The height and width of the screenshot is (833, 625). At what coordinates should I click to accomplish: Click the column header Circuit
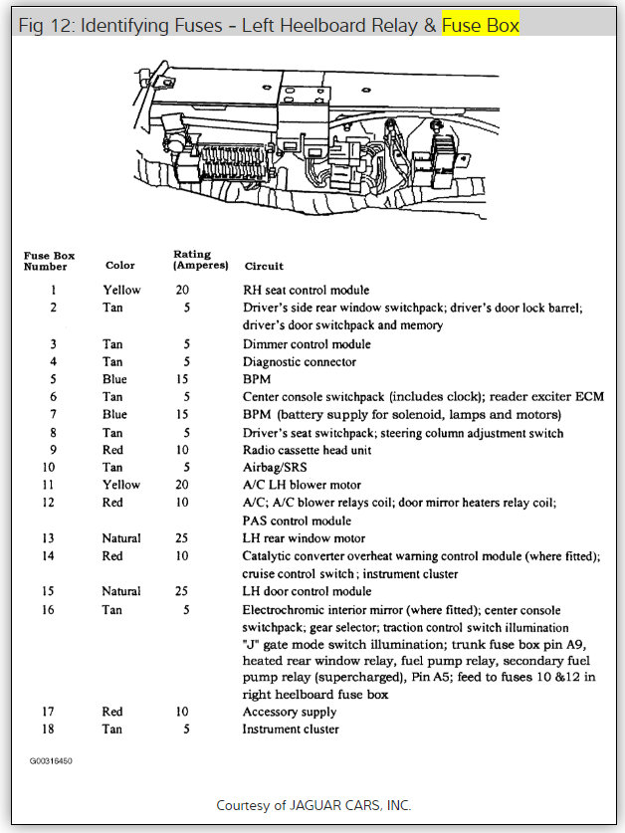[x=264, y=266]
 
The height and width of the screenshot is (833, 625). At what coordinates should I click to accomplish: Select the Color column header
[x=120, y=266]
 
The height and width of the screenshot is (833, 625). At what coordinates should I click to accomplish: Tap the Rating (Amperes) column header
[x=200, y=260]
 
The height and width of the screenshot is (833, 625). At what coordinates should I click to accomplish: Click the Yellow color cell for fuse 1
[x=122, y=291]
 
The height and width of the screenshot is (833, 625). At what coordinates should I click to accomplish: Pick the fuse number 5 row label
[x=53, y=379]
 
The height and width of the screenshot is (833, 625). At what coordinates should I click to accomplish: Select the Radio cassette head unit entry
[x=307, y=450]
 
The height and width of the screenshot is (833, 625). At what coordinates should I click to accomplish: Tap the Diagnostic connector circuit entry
[x=299, y=362]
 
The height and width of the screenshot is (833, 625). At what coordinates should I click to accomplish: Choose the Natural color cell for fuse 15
[x=121, y=591]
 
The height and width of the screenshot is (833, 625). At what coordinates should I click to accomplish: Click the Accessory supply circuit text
[x=290, y=712]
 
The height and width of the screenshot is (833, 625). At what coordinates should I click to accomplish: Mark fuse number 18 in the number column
[x=53, y=729]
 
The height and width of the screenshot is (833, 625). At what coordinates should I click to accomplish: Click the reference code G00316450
[x=51, y=760]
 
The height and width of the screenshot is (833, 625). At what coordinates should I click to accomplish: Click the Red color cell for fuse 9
[x=112, y=450]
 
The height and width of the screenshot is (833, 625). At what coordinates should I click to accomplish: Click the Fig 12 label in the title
[x=45, y=23]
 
